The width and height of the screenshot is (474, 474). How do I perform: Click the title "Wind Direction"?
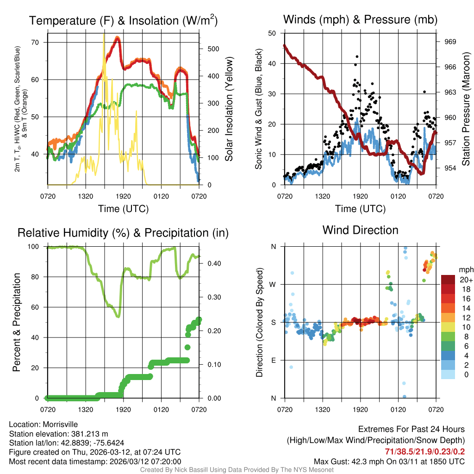coord(360,230)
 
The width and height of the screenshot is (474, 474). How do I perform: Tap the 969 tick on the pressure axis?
coord(450,42)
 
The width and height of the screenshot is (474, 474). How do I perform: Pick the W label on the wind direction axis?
coord(274,284)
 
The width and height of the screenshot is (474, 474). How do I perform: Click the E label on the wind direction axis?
coord(274,360)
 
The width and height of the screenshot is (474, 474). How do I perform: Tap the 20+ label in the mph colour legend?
coord(465,280)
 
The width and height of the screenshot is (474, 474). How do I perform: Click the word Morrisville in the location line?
coord(60,424)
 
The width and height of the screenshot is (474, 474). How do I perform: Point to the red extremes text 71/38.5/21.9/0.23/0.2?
coord(424,451)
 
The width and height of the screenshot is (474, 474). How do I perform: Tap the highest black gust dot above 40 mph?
coord(357,56)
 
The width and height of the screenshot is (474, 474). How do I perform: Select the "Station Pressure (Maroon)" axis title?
coord(466,108)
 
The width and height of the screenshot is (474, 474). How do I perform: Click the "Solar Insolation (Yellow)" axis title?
coord(229,108)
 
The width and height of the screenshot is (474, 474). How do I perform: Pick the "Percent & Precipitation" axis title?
coord(16,322)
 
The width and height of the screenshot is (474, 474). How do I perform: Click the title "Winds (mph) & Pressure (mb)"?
coord(360,19)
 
